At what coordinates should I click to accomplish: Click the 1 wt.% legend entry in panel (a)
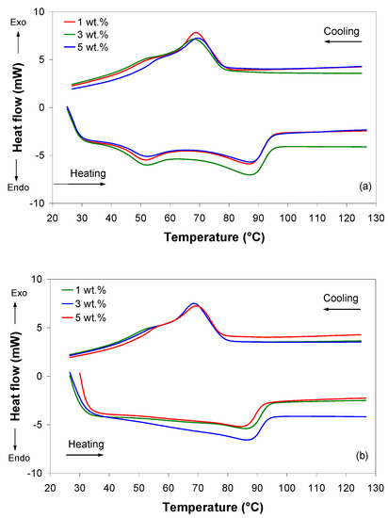coord(86,23)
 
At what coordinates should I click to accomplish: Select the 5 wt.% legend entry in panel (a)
coord(86,47)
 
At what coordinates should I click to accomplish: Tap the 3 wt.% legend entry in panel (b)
coord(84,304)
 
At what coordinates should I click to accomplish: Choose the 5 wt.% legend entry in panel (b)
coord(84,317)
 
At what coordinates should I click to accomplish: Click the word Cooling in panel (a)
coord(341,31)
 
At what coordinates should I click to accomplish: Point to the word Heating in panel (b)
coord(86,445)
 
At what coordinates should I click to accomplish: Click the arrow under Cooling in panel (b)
coord(342,310)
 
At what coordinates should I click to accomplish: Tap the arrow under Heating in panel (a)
coord(79,184)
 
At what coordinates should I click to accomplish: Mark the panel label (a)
coord(365,186)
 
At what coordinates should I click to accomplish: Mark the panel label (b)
coord(363,456)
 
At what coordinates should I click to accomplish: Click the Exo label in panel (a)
coord(18,23)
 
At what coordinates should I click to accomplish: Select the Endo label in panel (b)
coord(19,459)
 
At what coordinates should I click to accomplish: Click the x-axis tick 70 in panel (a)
coord(199,219)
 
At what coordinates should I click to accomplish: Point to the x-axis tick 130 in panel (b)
coord(376,488)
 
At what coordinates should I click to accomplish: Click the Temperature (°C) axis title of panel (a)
coord(215,237)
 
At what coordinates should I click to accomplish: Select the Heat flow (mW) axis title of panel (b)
coord(15,376)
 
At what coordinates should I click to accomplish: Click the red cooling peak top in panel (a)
coord(196,32)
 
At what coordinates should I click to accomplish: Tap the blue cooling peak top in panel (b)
coord(194,303)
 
